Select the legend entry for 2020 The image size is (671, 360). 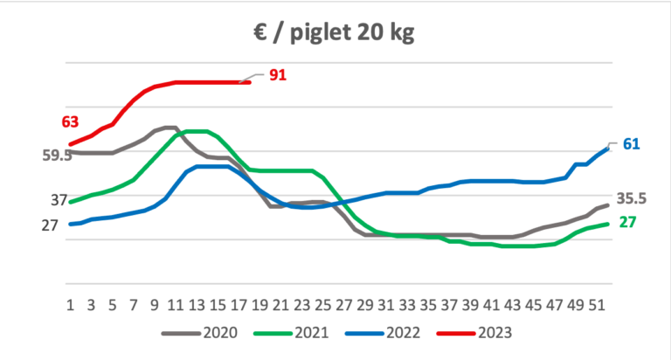pos(217,332)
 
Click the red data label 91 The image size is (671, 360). pos(278,76)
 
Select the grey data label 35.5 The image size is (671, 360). pos(632,199)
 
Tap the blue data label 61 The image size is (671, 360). pos(632,143)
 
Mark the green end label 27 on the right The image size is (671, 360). pos(627,222)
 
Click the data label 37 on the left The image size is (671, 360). pos(59,200)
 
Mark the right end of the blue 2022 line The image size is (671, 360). pos(608,148)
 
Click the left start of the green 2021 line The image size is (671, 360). pos(71,202)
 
